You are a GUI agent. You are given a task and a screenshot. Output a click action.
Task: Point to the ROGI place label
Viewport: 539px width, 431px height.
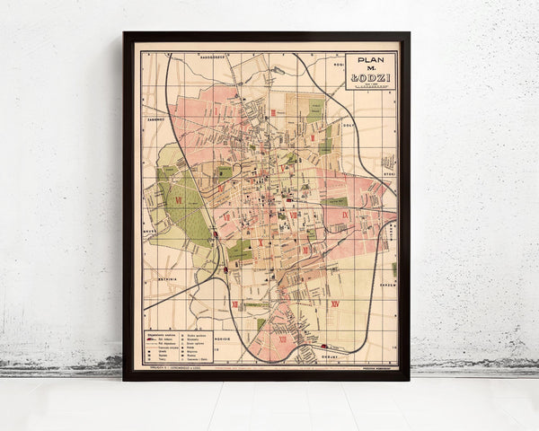pyautogui.click(x=339, y=66)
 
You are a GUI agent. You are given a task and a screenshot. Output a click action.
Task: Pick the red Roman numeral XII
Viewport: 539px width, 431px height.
pyautogui.click(x=235, y=305)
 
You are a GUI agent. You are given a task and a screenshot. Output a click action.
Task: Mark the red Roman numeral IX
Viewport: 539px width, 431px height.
pyautogui.click(x=345, y=215)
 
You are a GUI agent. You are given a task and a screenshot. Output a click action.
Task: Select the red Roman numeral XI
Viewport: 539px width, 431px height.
pyautogui.click(x=305, y=251)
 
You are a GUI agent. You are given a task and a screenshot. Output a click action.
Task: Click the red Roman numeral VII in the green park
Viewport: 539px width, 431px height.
pyautogui.click(x=179, y=199)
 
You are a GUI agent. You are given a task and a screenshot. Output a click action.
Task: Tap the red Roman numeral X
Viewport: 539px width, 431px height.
pyautogui.click(x=260, y=242)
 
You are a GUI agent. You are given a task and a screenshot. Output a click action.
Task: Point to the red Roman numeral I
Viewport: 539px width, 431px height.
pyautogui.click(x=217, y=110)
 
